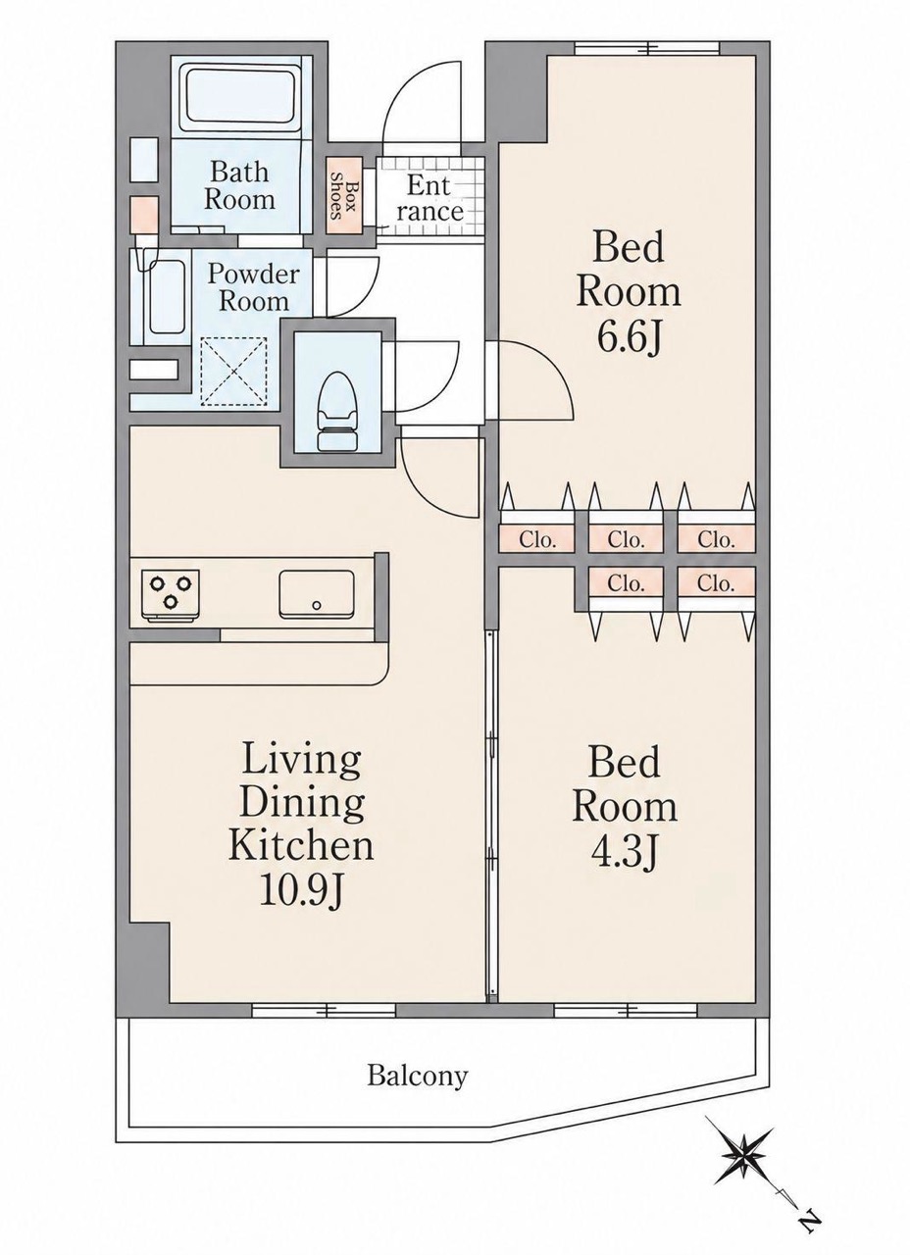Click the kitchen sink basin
click(317, 594)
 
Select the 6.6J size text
click(629, 338)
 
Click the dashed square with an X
click(233, 371)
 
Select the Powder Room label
click(253, 287)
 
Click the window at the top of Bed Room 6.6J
click(647, 48)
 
